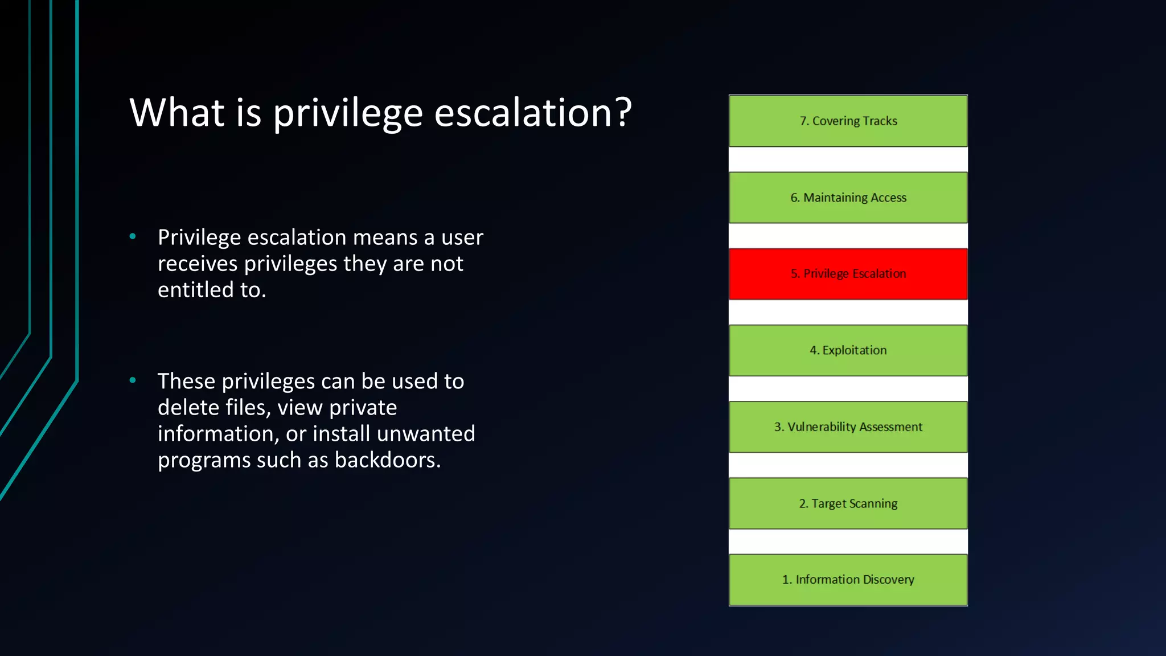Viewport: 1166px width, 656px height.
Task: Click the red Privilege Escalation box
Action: pos(848,274)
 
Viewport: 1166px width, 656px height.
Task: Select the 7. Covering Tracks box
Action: pos(848,121)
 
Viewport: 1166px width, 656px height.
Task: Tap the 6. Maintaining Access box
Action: pos(848,198)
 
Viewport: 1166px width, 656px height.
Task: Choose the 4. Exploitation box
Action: pos(848,350)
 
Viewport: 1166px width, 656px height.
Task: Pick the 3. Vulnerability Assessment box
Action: pos(848,427)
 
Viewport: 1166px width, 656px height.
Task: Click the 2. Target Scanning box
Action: pos(848,503)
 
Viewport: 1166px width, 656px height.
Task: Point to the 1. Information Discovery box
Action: pos(848,580)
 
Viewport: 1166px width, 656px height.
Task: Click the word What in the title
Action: pos(177,112)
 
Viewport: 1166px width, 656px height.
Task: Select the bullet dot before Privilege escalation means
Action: pos(133,236)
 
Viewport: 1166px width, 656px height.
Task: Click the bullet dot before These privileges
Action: pos(133,380)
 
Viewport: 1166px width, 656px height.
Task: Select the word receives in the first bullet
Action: pos(198,264)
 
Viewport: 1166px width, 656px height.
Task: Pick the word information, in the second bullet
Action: pos(218,434)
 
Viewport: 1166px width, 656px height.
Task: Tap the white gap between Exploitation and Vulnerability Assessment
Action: pos(848,389)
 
